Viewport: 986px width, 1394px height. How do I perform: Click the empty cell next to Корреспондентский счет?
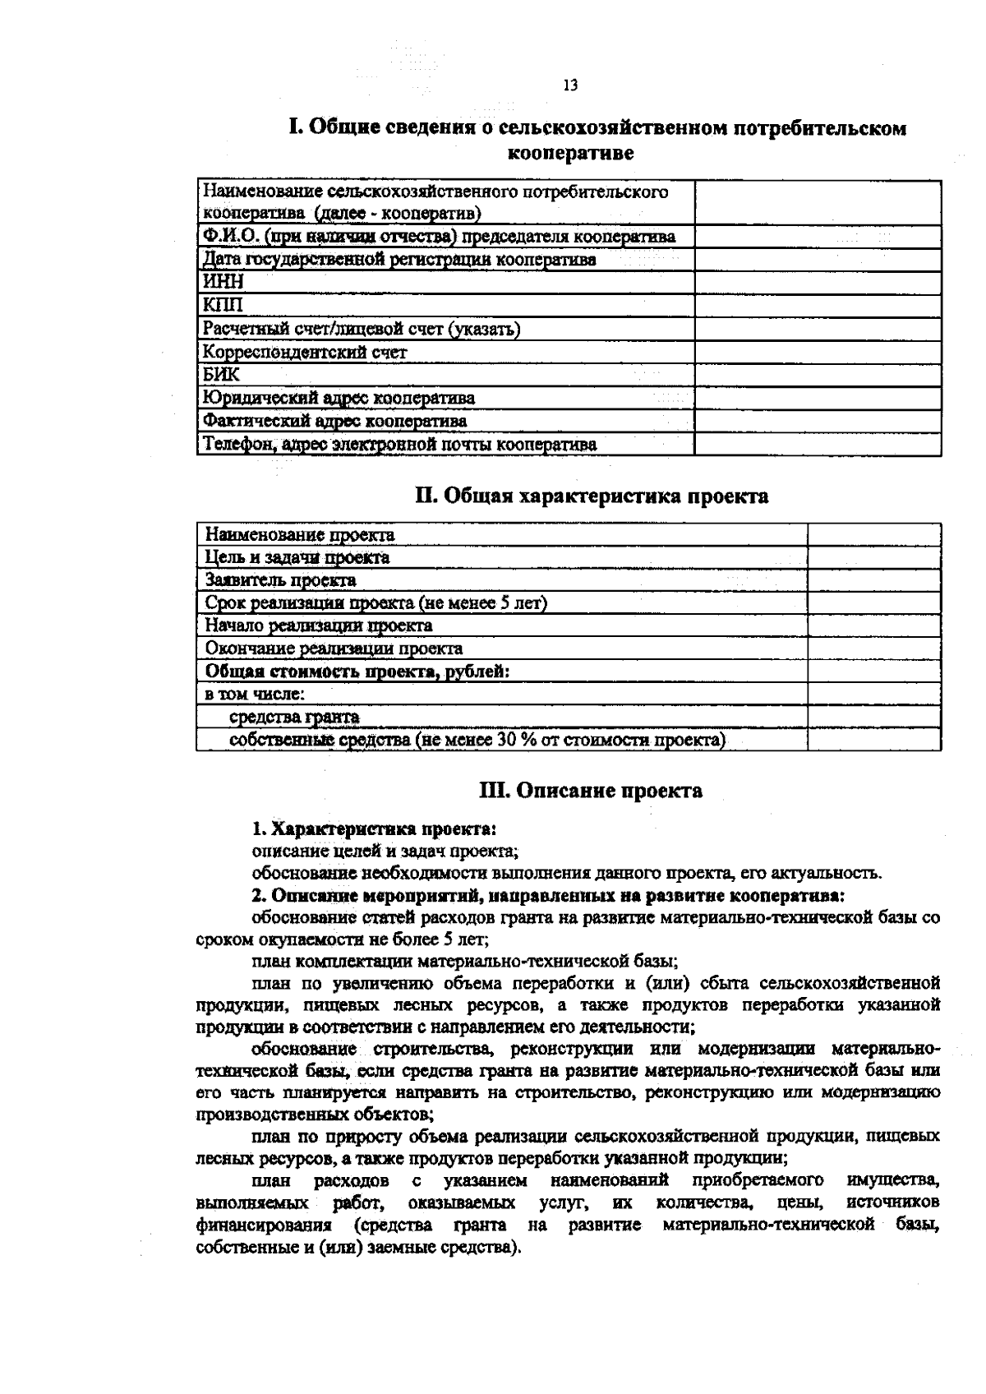pyautogui.click(x=818, y=353)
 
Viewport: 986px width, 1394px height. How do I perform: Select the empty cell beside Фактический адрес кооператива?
pyautogui.click(x=818, y=422)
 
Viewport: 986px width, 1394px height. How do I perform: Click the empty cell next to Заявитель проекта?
pyautogui.click(x=874, y=580)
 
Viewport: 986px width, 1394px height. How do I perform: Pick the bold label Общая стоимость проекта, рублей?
pyautogui.click(x=357, y=672)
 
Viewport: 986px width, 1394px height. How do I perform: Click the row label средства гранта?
pyautogui.click(x=294, y=718)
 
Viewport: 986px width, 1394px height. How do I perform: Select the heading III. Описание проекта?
pyautogui.click(x=591, y=791)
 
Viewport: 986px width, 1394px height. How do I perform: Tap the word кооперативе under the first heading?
pyautogui.click(x=571, y=153)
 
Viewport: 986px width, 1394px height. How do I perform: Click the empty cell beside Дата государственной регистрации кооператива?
pyautogui.click(x=818, y=260)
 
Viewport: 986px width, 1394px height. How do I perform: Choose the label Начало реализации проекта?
pyautogui.click(x=319, y=625)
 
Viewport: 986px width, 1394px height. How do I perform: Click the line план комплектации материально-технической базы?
pyautogui.click(x=464, y=961)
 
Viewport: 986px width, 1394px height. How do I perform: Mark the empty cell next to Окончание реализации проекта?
pyautogui.click(x=874, y=649)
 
